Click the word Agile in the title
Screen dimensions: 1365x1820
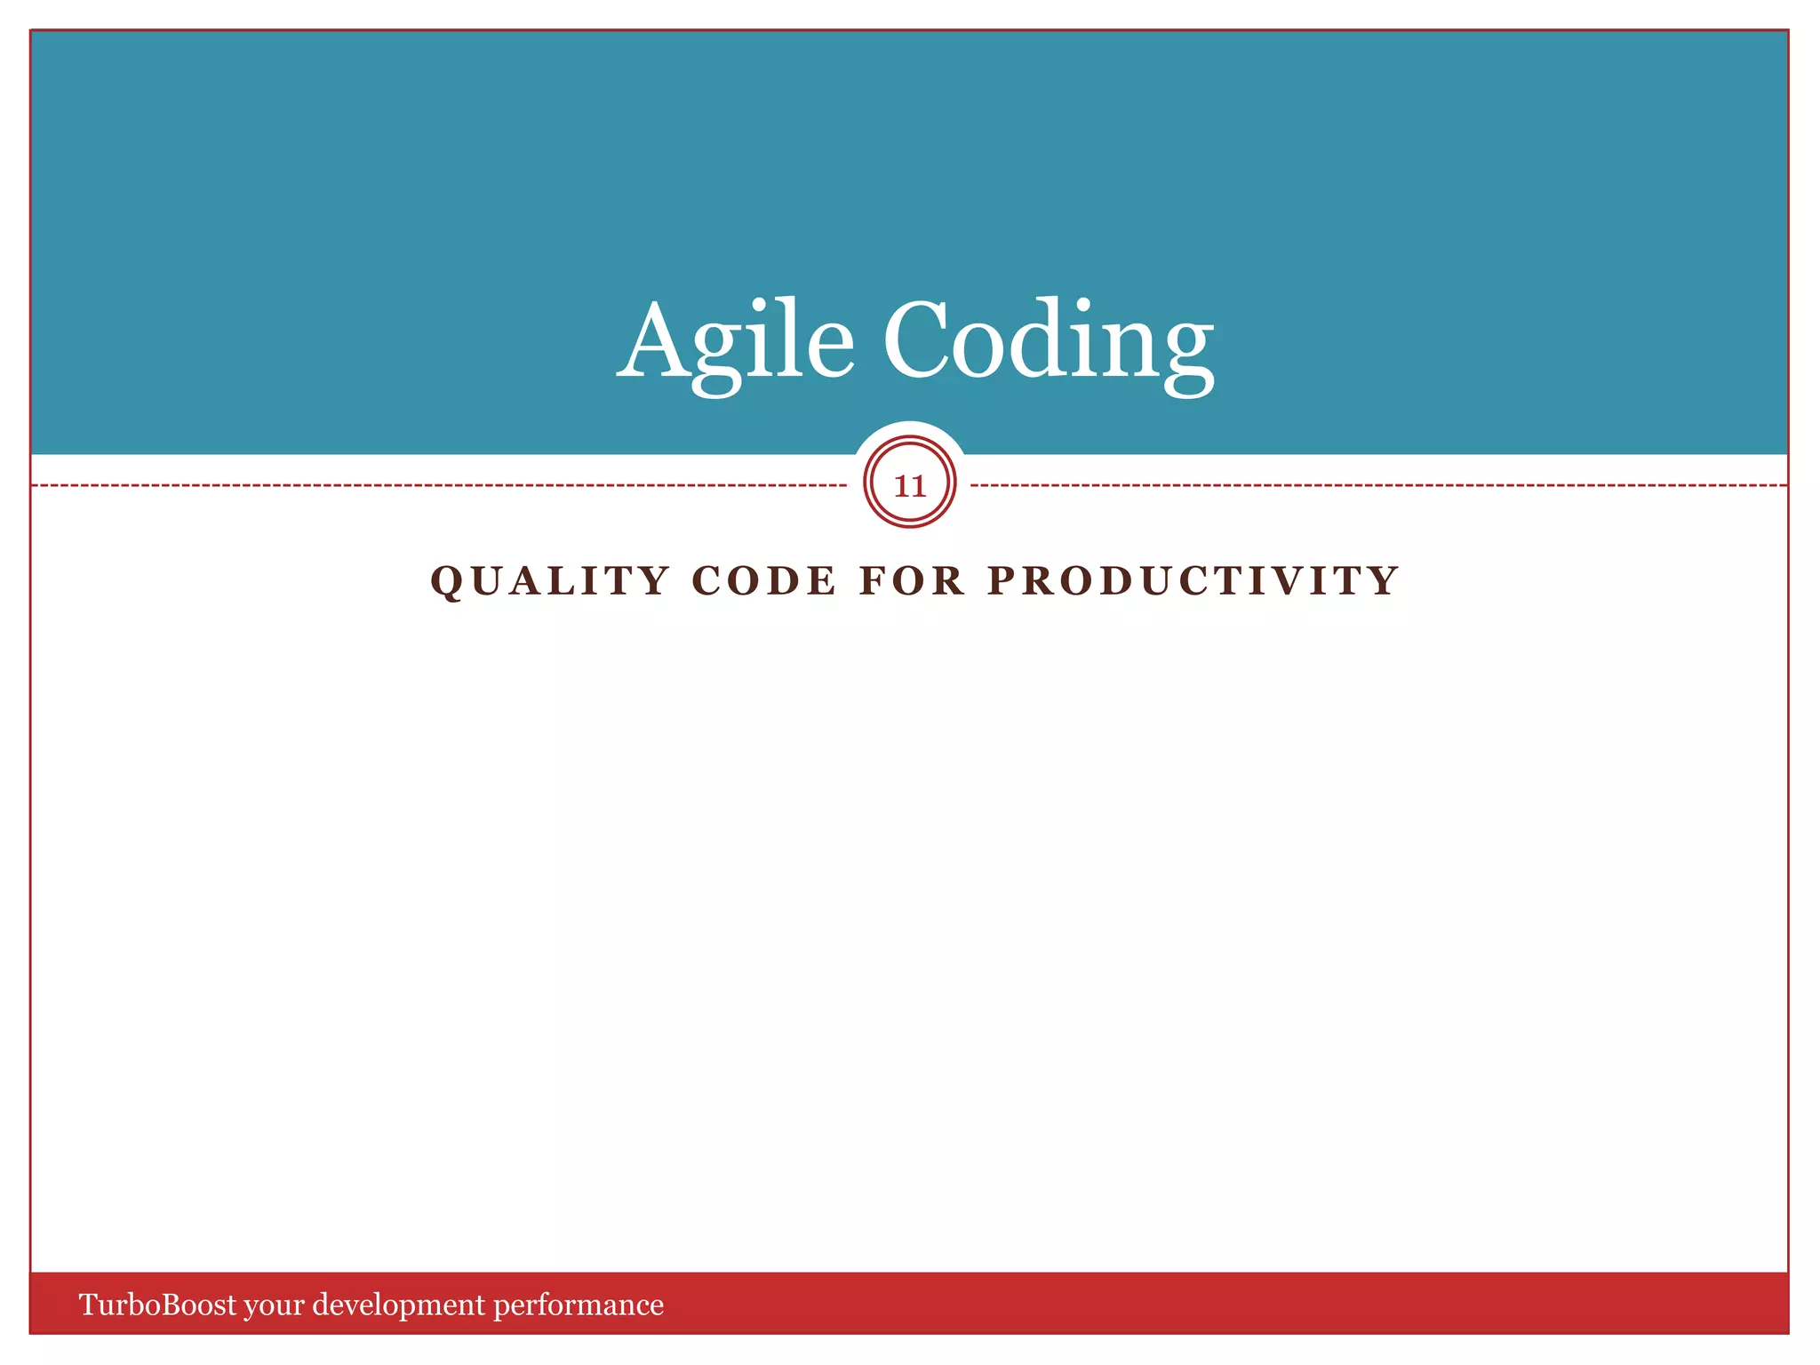[736, 341]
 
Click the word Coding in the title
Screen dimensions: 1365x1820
[1048, 341]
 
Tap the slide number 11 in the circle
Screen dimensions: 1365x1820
[909, 485]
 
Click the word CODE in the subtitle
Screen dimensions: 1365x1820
[763, 581]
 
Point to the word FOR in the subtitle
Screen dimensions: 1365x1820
[912, 581]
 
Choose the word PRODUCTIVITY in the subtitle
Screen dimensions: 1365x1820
[1193, 581]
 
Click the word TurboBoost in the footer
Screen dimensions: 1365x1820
[158, 1305]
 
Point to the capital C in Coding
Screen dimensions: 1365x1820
[918, 341]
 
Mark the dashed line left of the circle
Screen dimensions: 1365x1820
[435, 486]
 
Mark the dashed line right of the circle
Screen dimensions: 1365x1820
[1377, 486]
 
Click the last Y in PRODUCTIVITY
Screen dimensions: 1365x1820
[1383, 581]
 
